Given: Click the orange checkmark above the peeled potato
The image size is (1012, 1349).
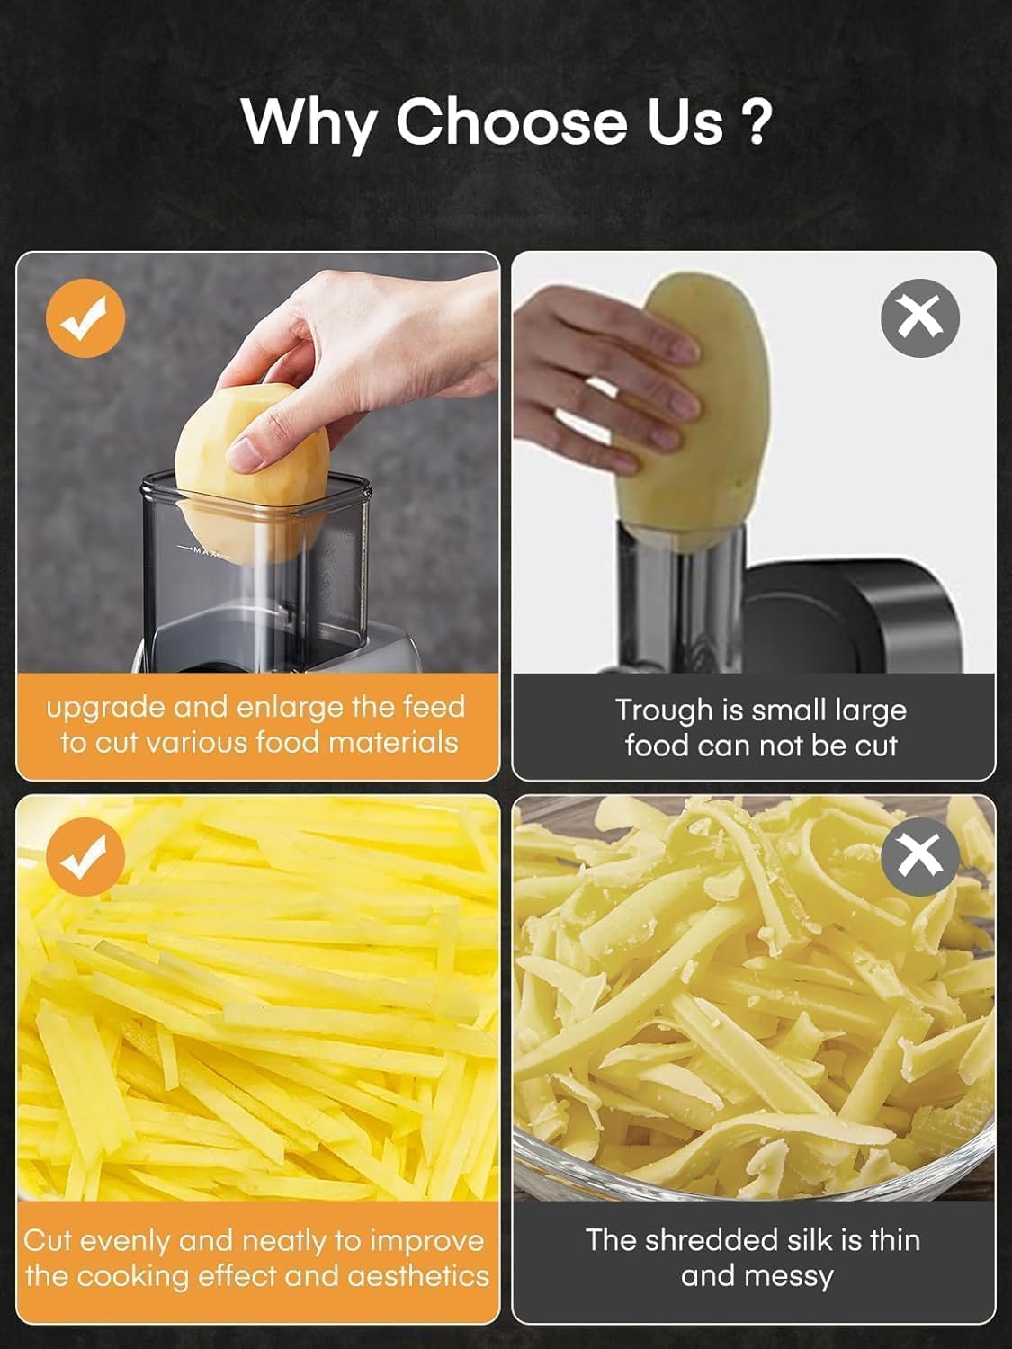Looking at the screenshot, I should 85,318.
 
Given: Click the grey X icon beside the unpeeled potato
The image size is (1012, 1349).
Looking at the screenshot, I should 919,318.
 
